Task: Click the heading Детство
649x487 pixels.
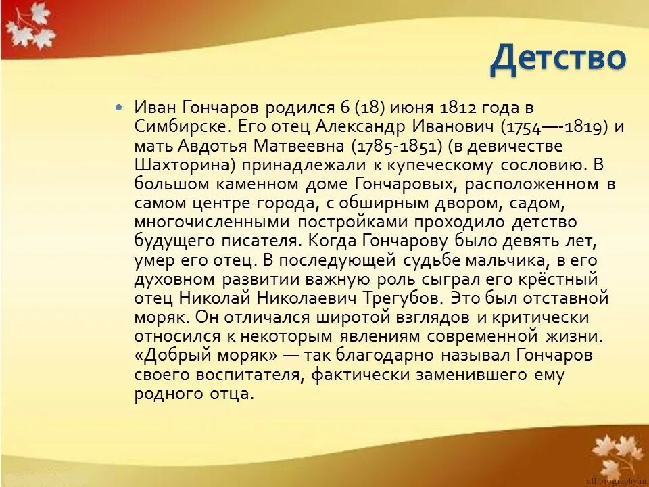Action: coord(558,58)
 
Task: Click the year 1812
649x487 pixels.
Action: coord(459,108)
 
